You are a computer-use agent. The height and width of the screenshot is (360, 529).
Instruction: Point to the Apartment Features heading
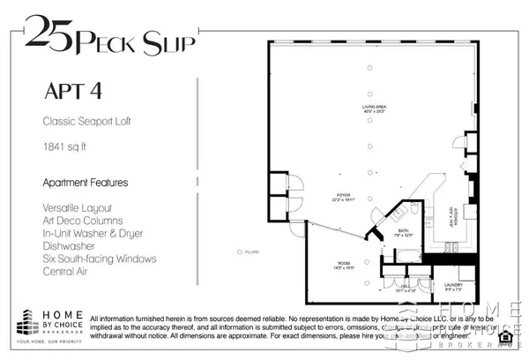pyautogui.click(x=85, y=183)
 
